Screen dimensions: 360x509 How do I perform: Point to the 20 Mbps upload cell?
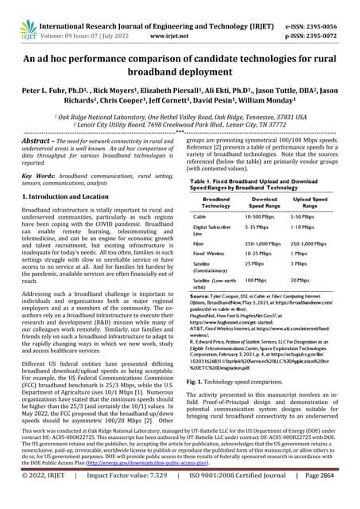299,280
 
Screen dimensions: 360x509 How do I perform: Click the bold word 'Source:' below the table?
200,295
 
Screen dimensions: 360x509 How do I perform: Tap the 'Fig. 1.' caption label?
196,382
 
